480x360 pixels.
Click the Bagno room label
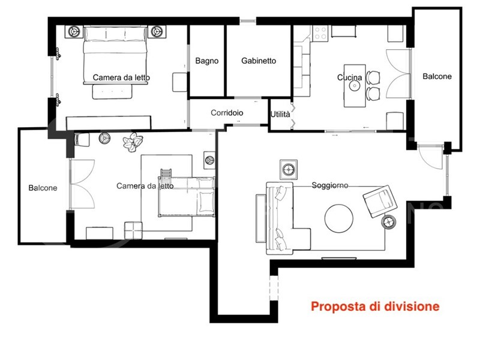[207, 61]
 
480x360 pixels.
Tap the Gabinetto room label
[259, 61]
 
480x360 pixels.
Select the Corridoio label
[227, 113]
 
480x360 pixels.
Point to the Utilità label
[280, 115]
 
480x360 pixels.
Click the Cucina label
[349, 77]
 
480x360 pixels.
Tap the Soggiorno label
[330, 185]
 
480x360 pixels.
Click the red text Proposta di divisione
[375, 307]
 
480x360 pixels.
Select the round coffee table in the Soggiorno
[338, 218]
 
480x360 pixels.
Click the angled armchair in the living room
[380, 201]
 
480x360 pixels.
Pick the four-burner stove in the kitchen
[320, 34]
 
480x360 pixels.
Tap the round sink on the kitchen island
[355, 86]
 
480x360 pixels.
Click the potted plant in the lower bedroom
[133, 142]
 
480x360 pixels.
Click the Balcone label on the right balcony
[437, 77]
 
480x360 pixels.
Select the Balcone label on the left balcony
[43, 188]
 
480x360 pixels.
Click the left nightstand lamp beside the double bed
[74, 31]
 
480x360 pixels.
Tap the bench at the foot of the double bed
[112, 92]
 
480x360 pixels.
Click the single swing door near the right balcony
[430, 157]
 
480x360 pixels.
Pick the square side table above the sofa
[289, 169]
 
